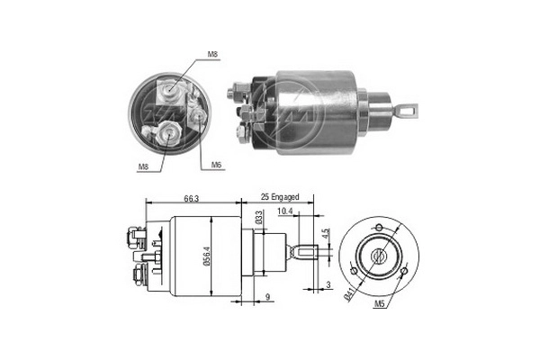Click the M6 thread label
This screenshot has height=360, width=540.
[217, 165]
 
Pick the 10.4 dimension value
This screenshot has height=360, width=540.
[285, 211]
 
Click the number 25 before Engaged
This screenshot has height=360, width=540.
[265, 195]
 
